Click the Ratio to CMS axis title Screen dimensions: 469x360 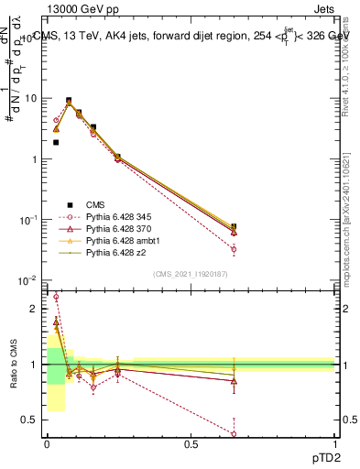click(x=13, y=366)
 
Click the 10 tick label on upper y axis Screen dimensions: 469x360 click(x=30, y=98)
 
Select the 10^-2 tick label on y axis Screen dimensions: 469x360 click(x=28, y=281)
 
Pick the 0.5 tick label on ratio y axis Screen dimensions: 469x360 click(x=30, y=420)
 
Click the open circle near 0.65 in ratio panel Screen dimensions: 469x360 click(x=234, y=433)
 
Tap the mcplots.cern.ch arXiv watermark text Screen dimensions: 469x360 click(x=351, y=211)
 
